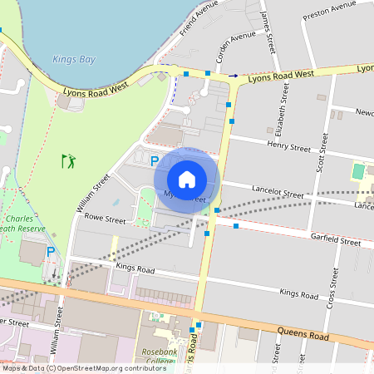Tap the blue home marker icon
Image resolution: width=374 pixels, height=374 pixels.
click(x=187, y=179)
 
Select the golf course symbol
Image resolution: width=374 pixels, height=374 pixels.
click(x=68, y=159)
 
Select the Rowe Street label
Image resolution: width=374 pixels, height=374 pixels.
click(x=105, y=221)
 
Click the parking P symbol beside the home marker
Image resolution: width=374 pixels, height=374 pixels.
click(x=154, y=160)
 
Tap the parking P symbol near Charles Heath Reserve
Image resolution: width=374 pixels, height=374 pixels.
click(x=50, y=251)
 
